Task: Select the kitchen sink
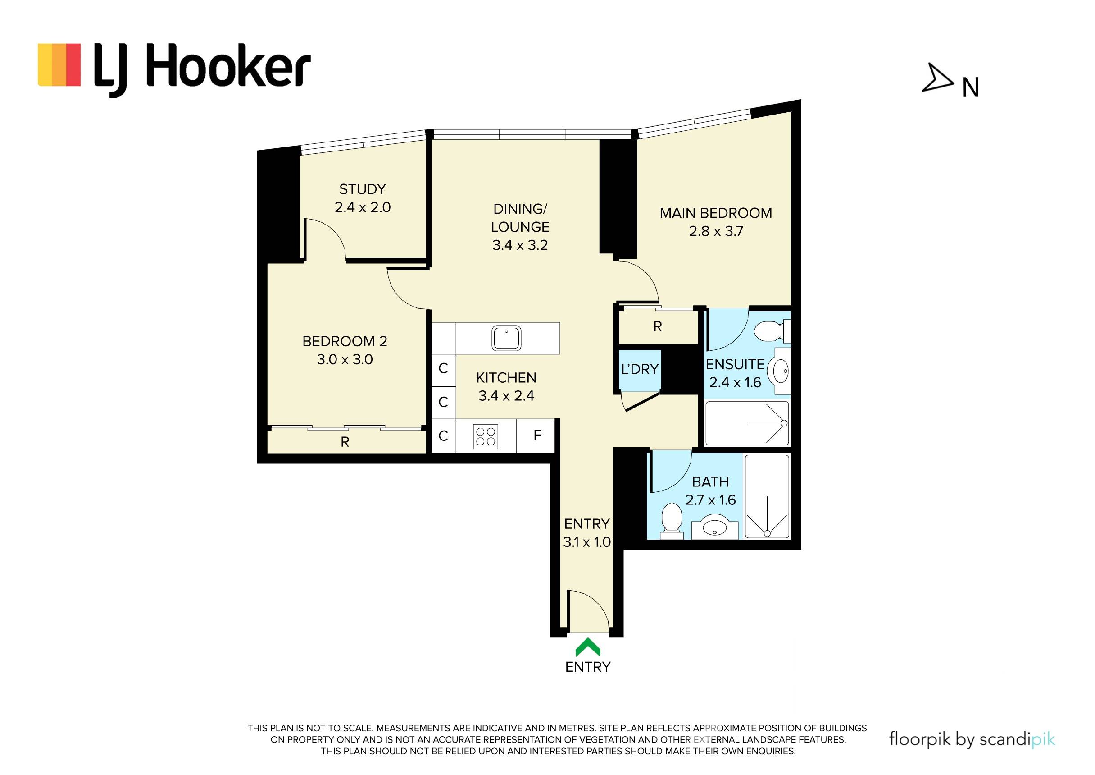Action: coord(506,338)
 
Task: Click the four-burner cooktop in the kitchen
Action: coord(486,436)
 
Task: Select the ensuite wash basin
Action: coord(781,371)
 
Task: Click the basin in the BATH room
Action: coord(715,527)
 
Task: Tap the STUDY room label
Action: coord(363,189)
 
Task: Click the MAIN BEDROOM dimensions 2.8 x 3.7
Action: coord(716,231)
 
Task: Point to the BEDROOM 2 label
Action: coord(345,341)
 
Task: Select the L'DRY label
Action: coord(640,369)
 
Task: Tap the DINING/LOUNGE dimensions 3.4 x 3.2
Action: coord(520,245)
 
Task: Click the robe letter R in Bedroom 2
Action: coord(345,442)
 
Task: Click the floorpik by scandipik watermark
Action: coord(972,739)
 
